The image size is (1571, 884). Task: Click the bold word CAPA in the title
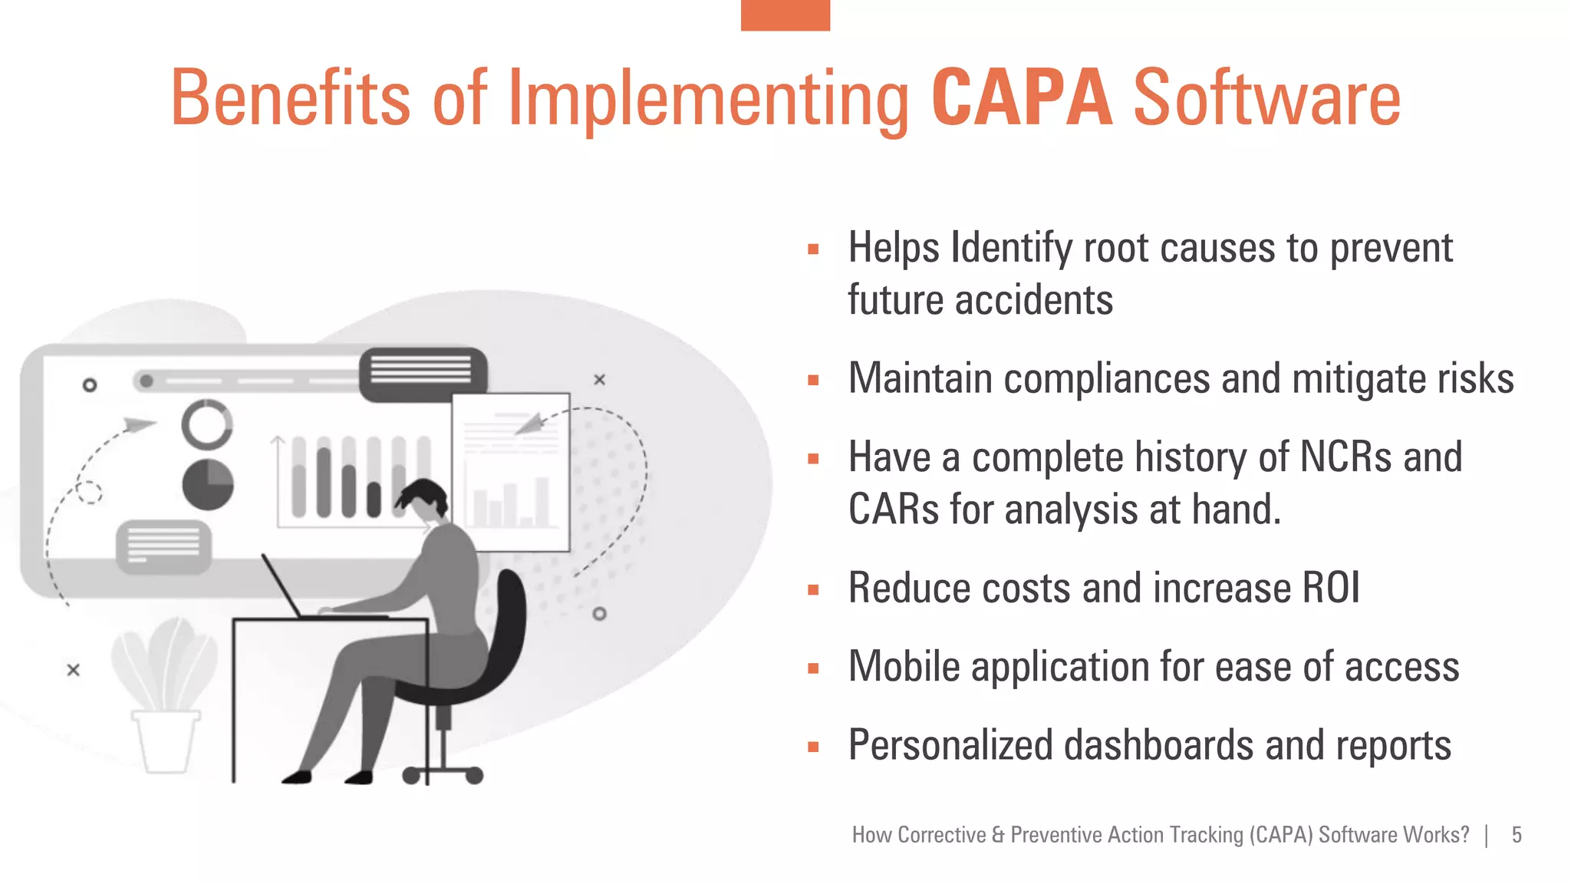coord(1021,98)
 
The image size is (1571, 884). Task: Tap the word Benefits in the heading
coord(290,98)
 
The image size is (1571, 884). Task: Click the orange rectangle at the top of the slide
coord(785,15)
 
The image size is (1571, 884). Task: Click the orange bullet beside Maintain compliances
coord(813,380)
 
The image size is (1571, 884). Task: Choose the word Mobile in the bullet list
coord(903,667)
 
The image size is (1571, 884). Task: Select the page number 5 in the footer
coord(1517,835)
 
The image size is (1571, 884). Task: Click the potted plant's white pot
coord(165,741)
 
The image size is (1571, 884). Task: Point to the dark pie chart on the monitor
coord(208,485)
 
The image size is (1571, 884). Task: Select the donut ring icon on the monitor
coord(207,424)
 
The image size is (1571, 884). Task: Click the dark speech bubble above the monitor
coord(423,373)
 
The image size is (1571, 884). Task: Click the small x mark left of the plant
coord(73,670)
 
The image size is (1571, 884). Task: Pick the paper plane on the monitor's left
coord(138,424)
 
